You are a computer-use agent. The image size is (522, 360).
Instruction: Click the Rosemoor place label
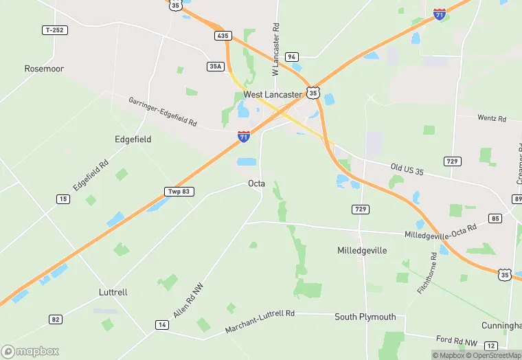[x=44, y=69]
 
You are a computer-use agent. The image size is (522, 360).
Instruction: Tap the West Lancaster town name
[x=273, y=94]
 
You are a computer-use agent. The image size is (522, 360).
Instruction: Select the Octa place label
[x=256, y=183]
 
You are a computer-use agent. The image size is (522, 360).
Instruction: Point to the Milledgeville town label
[x=362, y=251]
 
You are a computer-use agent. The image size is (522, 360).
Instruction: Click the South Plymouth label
[x=365, y=317]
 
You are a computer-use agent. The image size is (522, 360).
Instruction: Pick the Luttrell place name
[x=113, y=292]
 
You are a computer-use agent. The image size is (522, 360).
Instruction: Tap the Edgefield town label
[x=133, y=139]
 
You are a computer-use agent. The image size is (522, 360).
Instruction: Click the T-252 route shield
[x=56, y=30]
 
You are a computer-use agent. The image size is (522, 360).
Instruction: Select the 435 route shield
[x=222, y=36]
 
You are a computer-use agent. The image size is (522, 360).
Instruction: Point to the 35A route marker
[x=215, y=66]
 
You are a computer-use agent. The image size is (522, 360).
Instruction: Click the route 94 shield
[x=292, y=57]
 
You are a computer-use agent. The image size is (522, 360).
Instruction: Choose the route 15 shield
[x=63, y=199]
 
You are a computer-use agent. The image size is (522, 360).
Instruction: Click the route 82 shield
[x=56, y=319]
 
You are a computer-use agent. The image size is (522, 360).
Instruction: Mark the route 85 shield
[x=495, y=218]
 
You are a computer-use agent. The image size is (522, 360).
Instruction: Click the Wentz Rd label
[x=491, y=118]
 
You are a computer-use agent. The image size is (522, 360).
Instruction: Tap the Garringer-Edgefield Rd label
[x=163, y=111]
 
